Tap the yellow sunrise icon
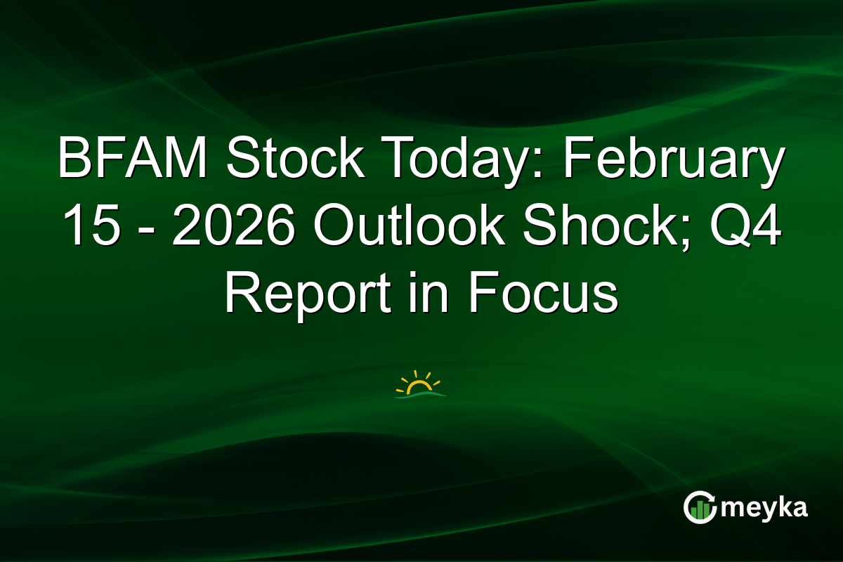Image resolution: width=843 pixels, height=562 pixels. pyautogui.click(x=420, y=384)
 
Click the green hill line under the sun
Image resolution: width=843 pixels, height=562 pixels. pyautogui.click(x=420, y=396)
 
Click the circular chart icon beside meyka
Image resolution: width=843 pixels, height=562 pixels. pyautogui.click(x=700, y=508)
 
